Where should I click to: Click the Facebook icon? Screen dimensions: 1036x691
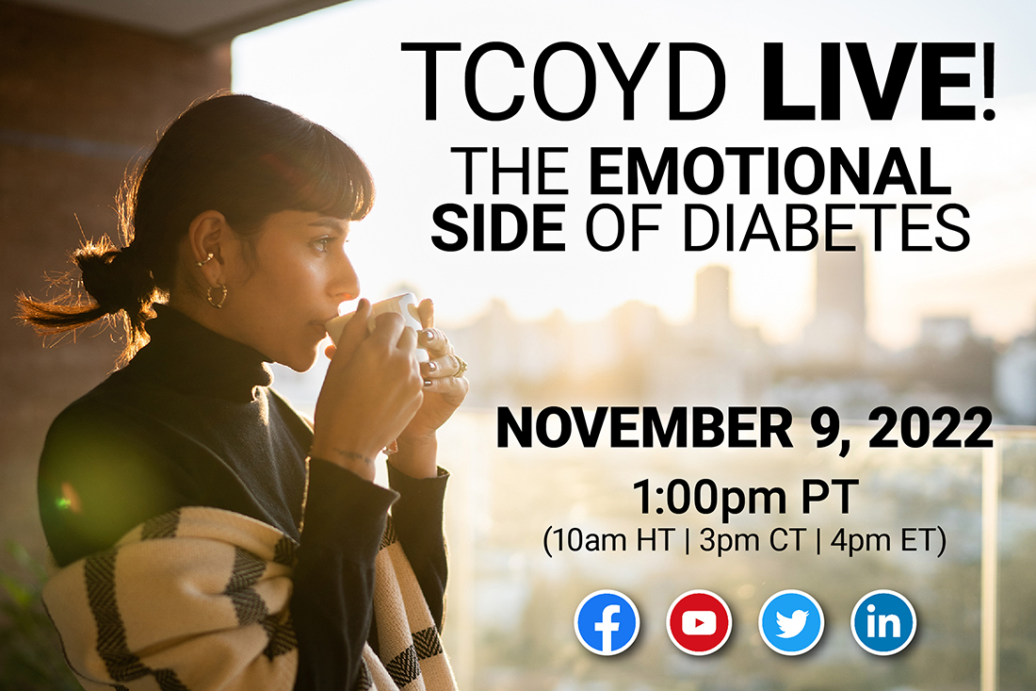[607, 622]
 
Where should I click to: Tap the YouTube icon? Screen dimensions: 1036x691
[699, 622]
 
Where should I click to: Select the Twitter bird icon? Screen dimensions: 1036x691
[791, 622]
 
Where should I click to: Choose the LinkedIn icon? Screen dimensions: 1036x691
[883, 622]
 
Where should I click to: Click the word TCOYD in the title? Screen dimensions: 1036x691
[563, 82]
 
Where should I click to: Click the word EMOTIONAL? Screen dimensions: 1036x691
[769, 171]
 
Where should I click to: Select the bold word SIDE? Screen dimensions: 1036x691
[497, 227]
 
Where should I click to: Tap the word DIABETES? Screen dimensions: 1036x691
[826, 227]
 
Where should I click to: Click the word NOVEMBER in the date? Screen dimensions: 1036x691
[644, 429]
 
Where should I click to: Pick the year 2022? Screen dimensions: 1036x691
[931, 429]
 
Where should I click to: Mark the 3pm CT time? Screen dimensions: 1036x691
[752, 541]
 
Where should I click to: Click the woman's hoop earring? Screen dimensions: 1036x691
[217, 295]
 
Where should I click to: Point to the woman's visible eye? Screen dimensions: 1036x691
[321, 245]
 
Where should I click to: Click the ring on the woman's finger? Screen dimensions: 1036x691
[458, 367]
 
